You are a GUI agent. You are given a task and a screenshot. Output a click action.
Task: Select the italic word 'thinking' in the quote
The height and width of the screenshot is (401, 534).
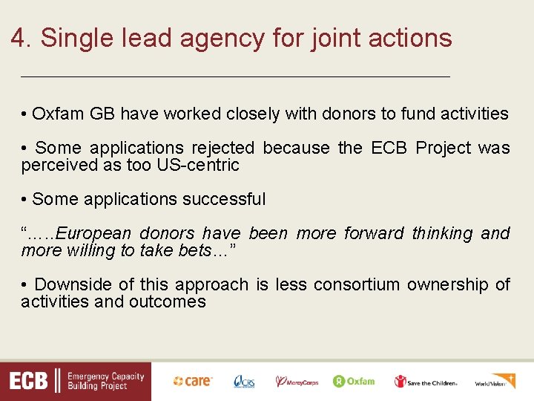pyautogui.click(x=442, y=233)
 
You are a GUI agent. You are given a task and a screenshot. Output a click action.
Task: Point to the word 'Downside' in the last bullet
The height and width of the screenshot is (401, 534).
pyautogui.click(x=69, y=284)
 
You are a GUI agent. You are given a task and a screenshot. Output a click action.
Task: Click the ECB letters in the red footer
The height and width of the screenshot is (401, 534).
pyautogui.click(x=28, y=382)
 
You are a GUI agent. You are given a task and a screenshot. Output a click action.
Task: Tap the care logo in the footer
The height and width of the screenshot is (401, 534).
pyautogui.click(x=193, y=381)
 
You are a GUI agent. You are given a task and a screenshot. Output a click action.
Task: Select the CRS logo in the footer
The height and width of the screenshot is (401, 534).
pyautogui.click(x=244, y=381)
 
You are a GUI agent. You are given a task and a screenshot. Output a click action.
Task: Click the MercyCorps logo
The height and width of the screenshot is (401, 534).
pyautogui.click(x=297, y=381)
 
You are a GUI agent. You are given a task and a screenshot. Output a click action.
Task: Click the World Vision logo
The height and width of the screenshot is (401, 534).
pyautogui.click(x=495, y=381)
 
